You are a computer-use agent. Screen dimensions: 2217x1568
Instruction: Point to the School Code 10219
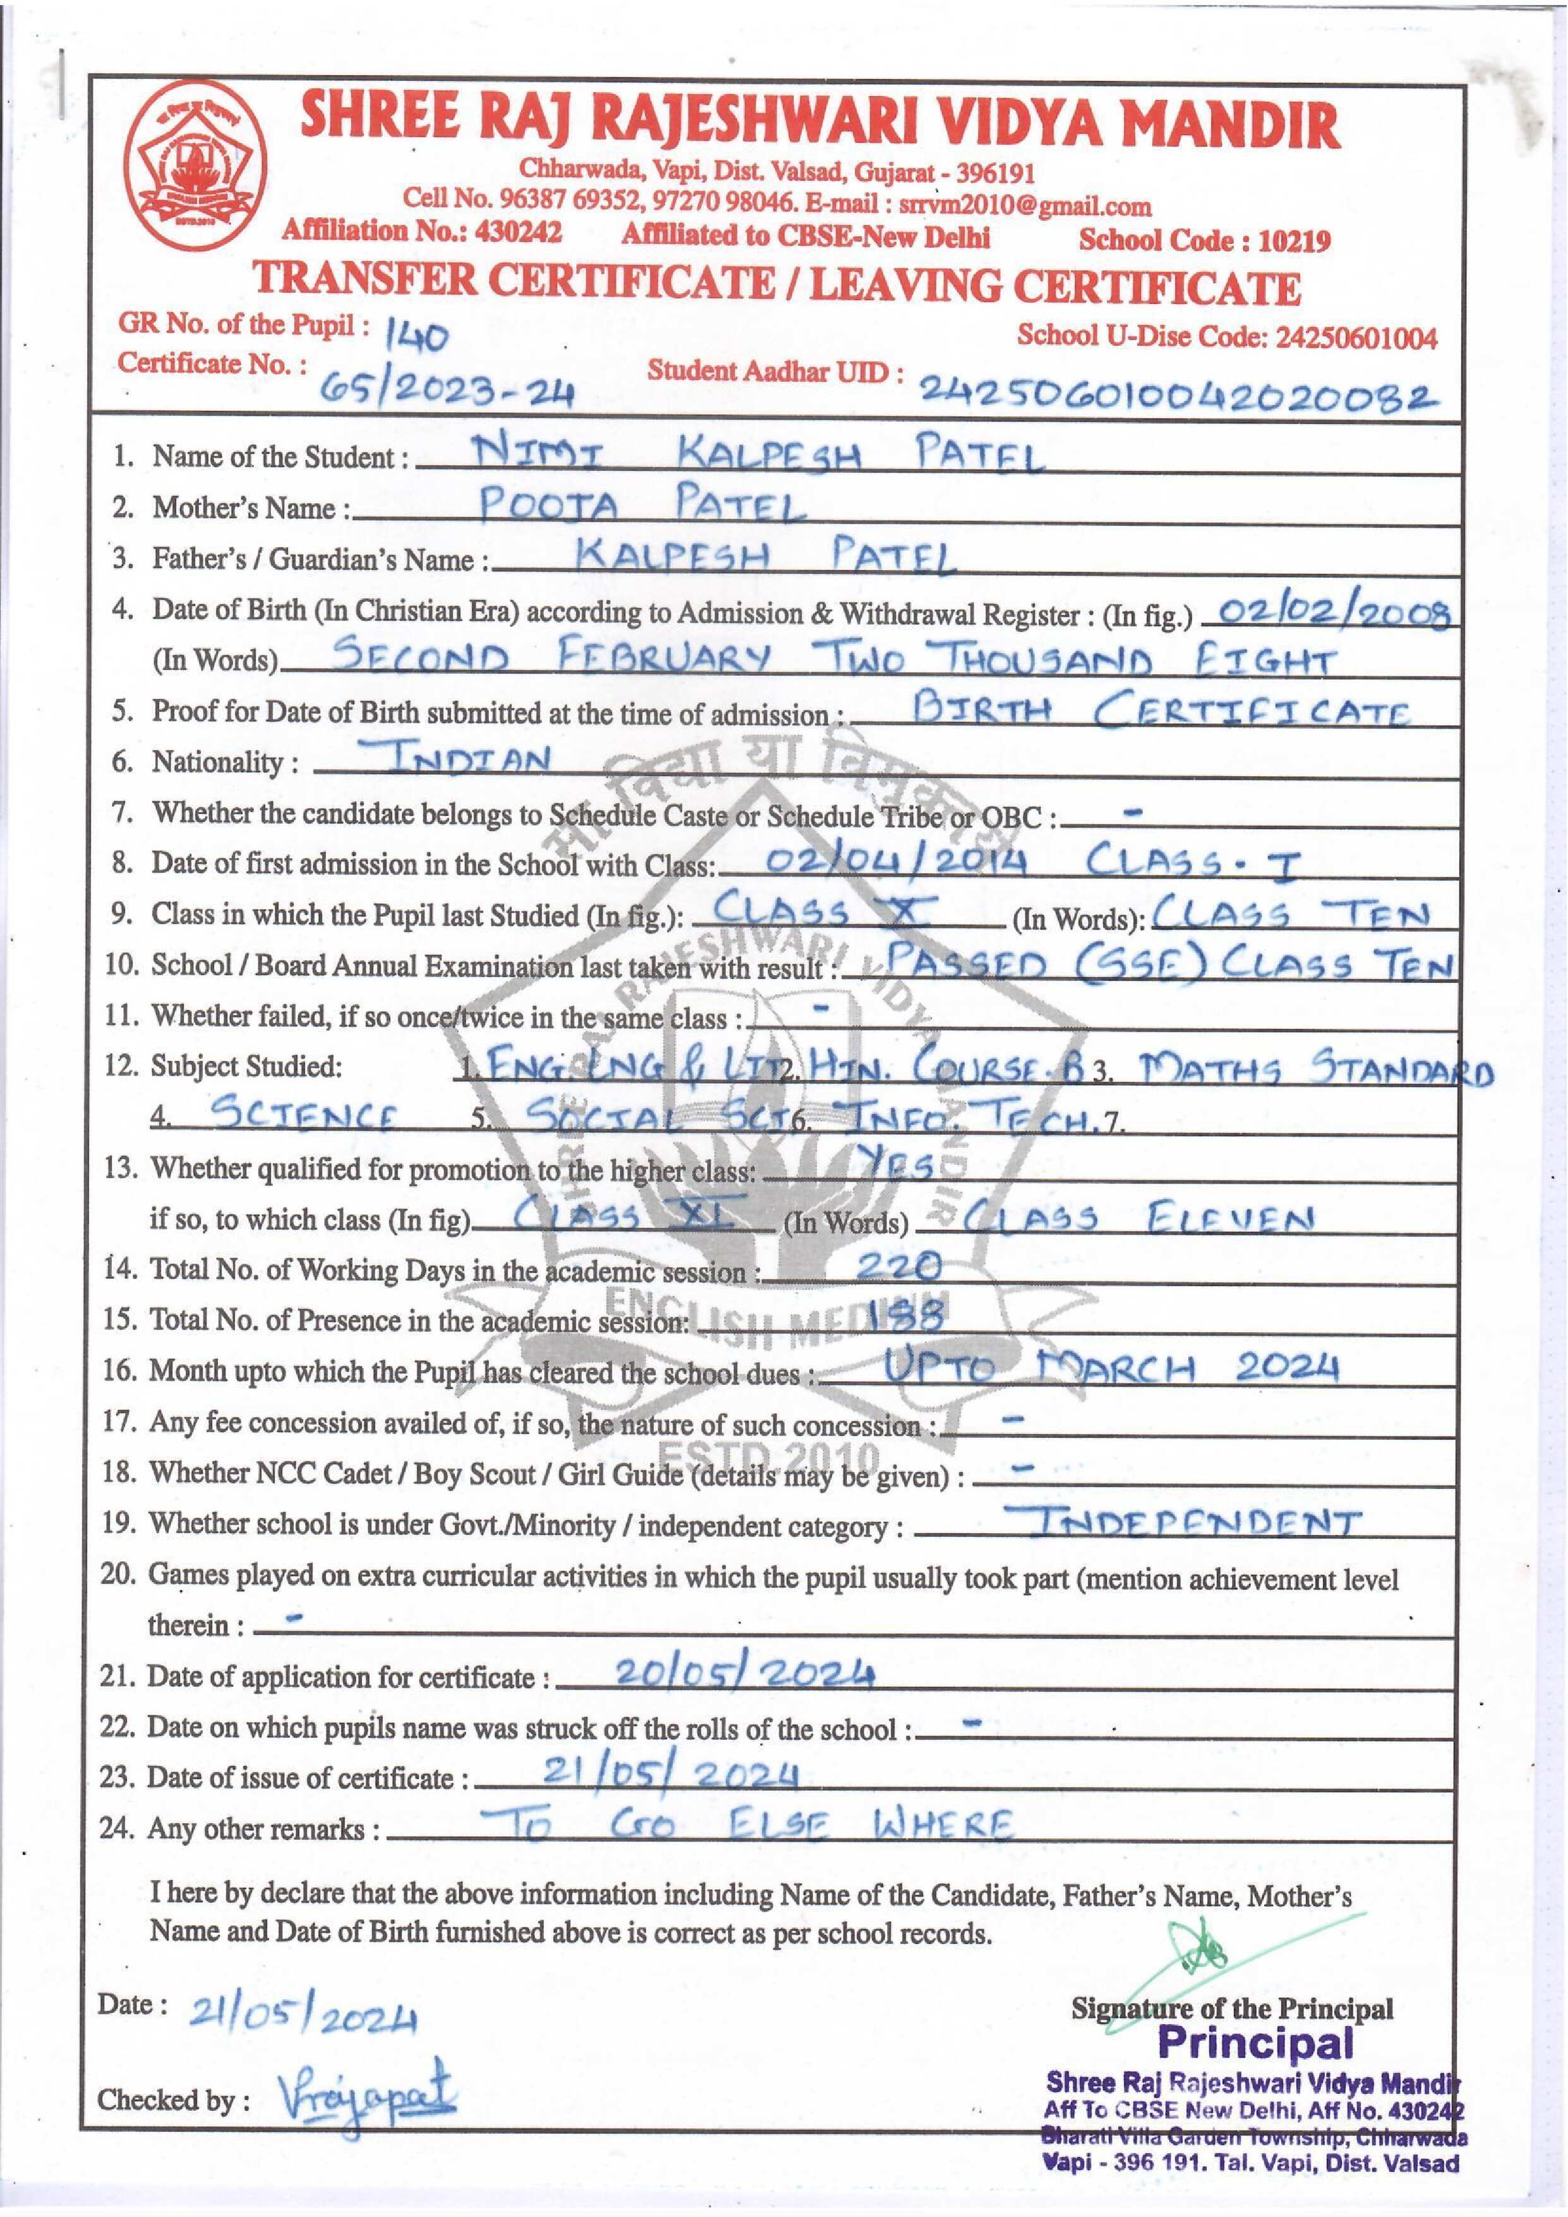pyautogui.click(x=1204, y=241)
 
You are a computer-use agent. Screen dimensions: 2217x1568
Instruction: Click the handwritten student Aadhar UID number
pyautogui.click(x=1175, y=393)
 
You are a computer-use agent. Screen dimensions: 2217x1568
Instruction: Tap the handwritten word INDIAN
pyautogui.click(x=469, y=759)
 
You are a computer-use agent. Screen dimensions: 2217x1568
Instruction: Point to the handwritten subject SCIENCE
pyautogui.click(x=302, y=1115)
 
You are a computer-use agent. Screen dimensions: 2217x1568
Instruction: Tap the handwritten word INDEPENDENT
pyautogui.click(x=1194, y=1524)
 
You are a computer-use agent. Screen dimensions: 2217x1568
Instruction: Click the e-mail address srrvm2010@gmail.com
pyautogui.click(x=1024, y=205)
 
